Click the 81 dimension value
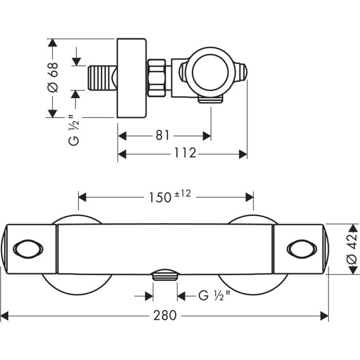coord(163,135)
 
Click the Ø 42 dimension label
coord(351,249)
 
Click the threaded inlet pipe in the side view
coord(103,78)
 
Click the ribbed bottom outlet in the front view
coord(165,275)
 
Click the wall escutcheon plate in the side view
coord(132,78)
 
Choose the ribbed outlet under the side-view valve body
coord(211,99)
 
